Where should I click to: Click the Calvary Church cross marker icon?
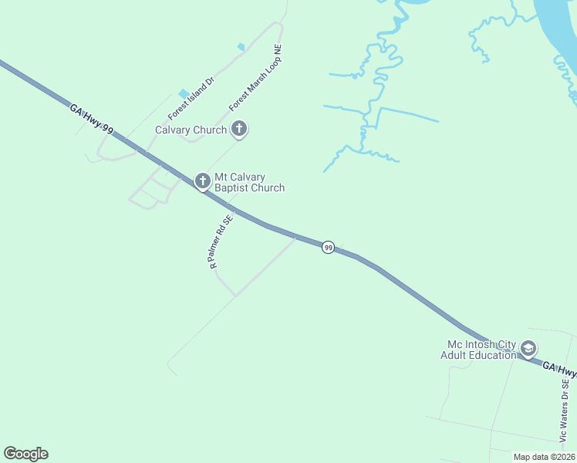tap(239, 130)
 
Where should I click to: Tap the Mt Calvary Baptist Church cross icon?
tap(203, 181)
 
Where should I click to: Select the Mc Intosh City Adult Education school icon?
tap(528, 350)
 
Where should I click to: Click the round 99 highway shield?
tap(329, 248)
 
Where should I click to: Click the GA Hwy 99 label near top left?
tap(92, 120)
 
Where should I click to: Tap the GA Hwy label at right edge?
tap(558, 370)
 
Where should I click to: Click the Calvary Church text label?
tap(191, 130)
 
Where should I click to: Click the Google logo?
tap(25, 454)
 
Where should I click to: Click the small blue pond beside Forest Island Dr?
tap(184, 94)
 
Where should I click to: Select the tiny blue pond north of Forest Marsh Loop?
tap(241, 47)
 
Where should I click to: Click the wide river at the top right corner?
tap(559, 31)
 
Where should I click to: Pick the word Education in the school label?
tap(494, 355)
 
